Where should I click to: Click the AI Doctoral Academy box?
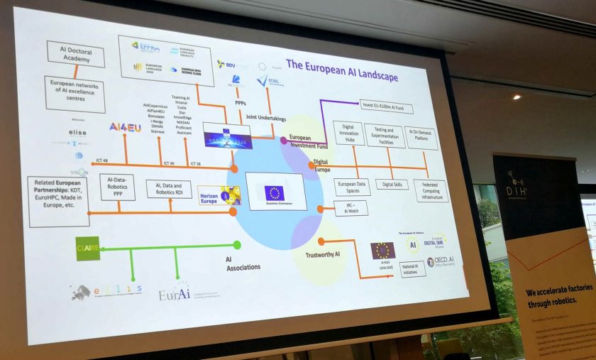[76, 54]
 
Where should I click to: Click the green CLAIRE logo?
[88, 248]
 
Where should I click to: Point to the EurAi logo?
[175, 291]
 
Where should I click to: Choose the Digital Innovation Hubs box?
[348, 133]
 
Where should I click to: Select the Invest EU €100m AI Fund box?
[386, 107]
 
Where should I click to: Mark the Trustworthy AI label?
[323, 254]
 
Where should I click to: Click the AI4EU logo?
[125, 127]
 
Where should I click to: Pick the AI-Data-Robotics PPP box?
[117, 187]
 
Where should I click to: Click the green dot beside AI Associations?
[237, 245]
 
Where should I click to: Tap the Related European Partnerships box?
[59, 201]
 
